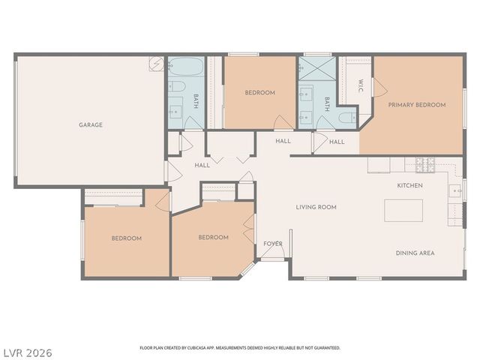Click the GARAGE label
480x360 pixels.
pyautogui.click(x=91, y=125)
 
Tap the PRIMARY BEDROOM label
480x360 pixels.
pyautogui.click(x=416, y=105)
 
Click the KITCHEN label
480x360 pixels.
pyautogui.click(x=409, y=185)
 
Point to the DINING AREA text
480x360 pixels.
pyautogui.click(x=415, y=253)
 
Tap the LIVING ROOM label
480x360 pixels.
pyautogui.click(x=316, y=207)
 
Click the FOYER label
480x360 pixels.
pyautogui.click(x=273, y=244)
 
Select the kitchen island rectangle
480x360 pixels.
pyautogui.click(x=403, y=211)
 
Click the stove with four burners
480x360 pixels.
pyautogui.click(x=425, y=164)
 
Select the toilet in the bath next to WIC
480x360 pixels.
pyautogui.click(x=346, y=118)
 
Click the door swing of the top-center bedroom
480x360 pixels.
pyautogui.click(x=283, y=121)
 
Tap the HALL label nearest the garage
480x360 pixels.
pyautogui.click(x=202, y=165)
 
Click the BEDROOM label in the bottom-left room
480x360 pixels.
pyautogui.click(x=127, y=238)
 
